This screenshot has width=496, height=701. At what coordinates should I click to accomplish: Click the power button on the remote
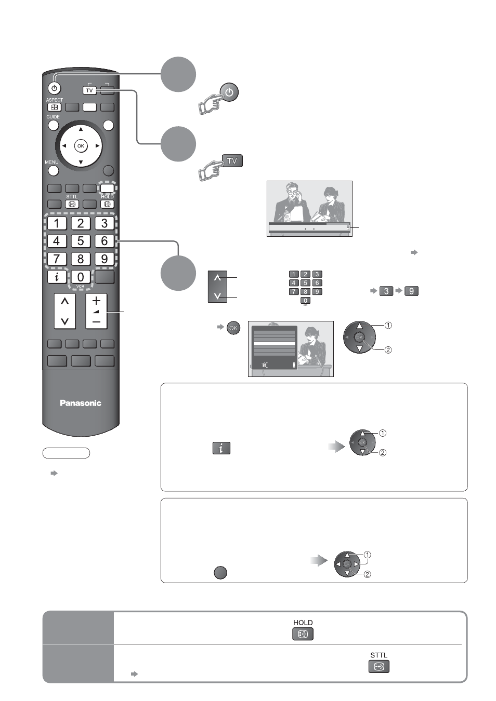coord(55,88)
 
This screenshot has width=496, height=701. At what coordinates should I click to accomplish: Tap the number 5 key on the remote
coord(81,241)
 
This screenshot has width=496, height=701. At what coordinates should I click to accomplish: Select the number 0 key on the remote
coord(81,277)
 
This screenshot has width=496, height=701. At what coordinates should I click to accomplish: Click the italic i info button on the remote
coord(57,277)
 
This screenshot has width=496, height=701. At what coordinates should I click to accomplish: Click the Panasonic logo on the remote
coord(81,403)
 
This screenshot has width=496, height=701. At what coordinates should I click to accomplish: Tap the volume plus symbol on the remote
coord(97,301)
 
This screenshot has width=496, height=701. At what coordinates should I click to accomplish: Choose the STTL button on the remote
coord(72,204)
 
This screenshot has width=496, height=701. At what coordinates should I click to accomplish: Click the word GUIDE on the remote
coord(53,117)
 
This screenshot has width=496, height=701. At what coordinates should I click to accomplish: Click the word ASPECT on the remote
coord(55,100)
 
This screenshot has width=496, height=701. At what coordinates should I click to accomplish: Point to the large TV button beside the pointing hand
coord(232,161)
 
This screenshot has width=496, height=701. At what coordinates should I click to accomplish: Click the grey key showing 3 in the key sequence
coord(386,291)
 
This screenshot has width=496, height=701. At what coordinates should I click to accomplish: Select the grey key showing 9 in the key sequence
coord(411,291)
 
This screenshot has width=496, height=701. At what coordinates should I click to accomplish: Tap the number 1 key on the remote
coord(57,223)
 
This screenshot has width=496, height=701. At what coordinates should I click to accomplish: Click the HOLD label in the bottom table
coord(303,623)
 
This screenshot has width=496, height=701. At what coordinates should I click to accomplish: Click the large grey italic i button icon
coord(221,448)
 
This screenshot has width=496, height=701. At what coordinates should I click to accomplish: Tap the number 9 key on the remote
coord(105,259)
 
